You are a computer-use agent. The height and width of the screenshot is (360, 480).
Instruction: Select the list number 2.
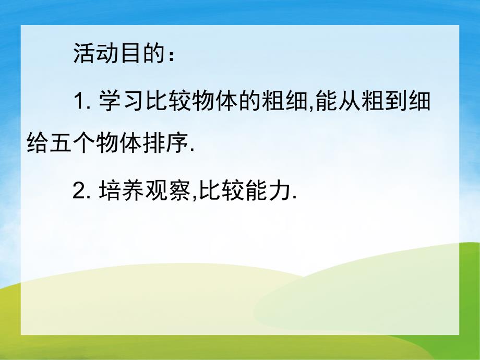coord(81,191)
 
